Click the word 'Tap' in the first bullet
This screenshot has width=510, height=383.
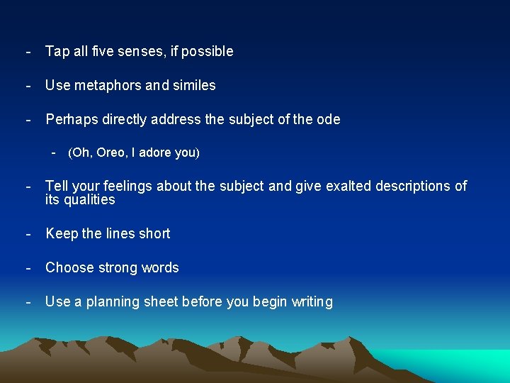coord(57,52)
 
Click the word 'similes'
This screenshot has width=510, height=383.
coord(193,86)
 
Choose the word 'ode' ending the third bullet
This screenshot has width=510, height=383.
coord(328,120)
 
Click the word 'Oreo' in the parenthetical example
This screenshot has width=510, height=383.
coord(106,152)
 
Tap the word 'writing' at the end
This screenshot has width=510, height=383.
coord(310,302)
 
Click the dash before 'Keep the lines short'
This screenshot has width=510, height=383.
coord(28,233)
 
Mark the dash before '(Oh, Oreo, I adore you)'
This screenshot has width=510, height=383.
coord(53,152)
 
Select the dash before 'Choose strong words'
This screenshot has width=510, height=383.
coord(28,267)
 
